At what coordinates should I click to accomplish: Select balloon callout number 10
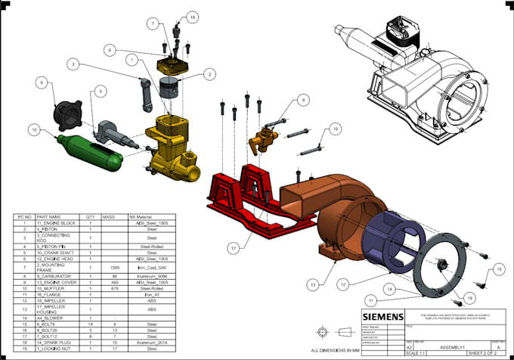point(34,129)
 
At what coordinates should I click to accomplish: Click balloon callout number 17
point(234,247)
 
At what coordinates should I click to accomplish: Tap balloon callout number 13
point(312,284)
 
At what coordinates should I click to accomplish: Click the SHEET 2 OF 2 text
point(481,353)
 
